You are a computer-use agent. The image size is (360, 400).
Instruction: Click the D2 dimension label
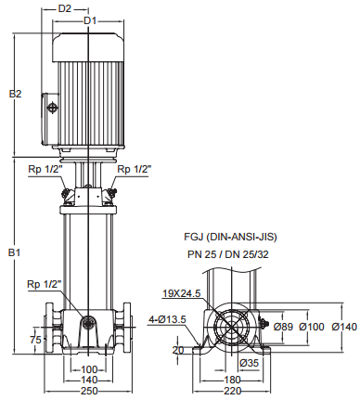click(x=65, y=8)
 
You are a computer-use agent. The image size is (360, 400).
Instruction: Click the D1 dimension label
click(x=90, y=21)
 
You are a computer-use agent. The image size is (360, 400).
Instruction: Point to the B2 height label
click(x=15, y=94)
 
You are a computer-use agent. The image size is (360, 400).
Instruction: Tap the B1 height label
click(x=14, y=252)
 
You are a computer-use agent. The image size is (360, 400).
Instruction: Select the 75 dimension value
click(x=35, y=340)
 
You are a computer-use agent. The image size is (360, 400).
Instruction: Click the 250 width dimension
click(x=89, y=391)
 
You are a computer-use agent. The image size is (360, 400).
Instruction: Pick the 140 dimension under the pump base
click(x=89, y=380)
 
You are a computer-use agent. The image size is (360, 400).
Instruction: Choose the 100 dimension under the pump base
click(x=89, y=369)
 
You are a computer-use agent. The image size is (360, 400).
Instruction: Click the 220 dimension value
click(x=232, y=391)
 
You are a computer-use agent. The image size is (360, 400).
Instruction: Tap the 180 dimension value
click(x=232, y=380)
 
